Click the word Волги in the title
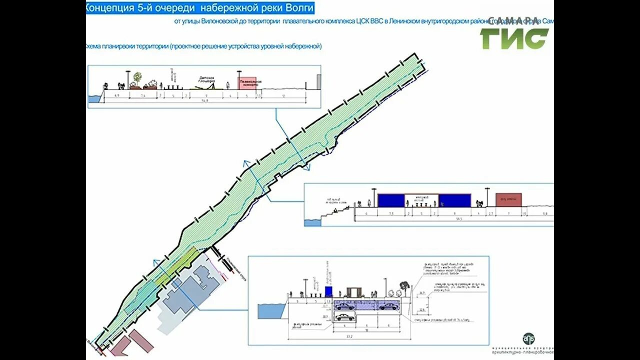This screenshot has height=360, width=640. (299, 8)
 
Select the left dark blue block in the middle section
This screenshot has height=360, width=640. (390, 200)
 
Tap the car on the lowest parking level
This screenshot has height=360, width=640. (345, 317)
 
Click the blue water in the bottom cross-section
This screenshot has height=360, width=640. (270, 311)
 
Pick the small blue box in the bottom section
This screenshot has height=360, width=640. (328, 291)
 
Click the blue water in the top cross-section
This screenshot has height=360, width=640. (94, 98)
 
